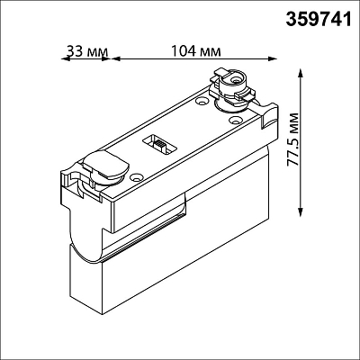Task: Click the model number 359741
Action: coord(318,19)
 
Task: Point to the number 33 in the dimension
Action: coord(75,51)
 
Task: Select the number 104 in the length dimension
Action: coord(183,51)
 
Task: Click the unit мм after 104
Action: coord(210,52)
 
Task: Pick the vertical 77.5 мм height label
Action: coord(293,139)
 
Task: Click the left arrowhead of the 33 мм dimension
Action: coord(65,58)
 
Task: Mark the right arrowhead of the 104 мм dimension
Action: coord(273,58)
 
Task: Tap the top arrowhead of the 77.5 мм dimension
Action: coord(300,73)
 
